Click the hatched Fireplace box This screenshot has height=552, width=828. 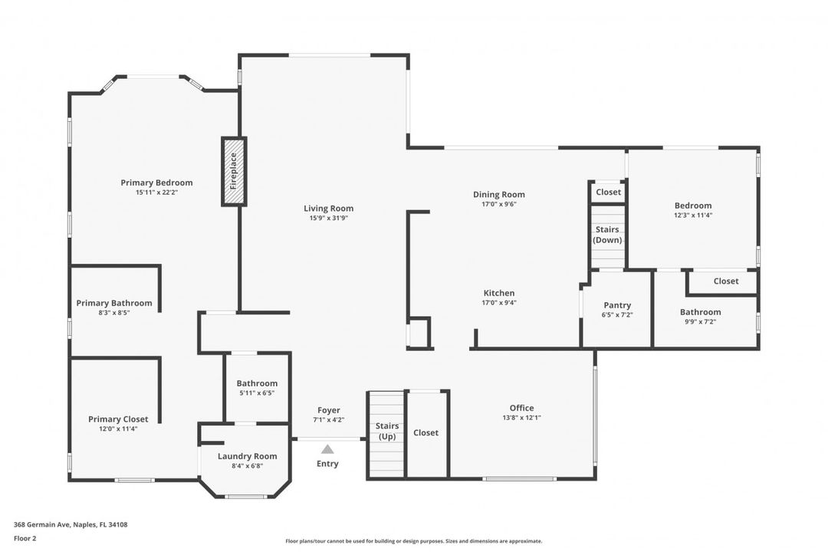coord(234,172)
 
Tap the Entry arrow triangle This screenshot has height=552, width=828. coord(327,449)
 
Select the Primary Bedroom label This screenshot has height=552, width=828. coord(156,182)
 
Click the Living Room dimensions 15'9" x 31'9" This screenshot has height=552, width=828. coord(328,219)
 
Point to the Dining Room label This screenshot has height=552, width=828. coord(498,195)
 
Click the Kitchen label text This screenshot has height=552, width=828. coord(498,293)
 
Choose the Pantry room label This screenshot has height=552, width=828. coord(617,305)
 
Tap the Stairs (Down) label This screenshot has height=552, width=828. coord(607,235)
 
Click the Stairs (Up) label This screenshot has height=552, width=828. coord(386,431)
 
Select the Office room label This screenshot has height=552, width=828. coord(521,408)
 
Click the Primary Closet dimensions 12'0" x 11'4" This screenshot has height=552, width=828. coord(118,429)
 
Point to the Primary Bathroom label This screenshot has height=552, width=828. coord(114,303)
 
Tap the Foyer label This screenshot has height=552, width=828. coord(328,410)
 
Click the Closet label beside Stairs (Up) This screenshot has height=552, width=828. coord(426,432)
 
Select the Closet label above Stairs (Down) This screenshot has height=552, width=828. coord(608,192)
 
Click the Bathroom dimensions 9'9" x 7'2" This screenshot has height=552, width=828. coord(700,322)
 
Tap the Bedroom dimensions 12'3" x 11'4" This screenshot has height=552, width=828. coord(692,215)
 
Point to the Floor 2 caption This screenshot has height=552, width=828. coord(25,538)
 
